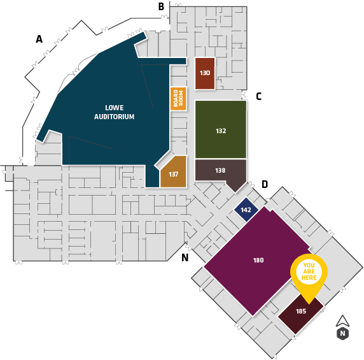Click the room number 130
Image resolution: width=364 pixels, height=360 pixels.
click(205, 73)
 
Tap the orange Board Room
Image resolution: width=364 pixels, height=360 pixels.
click(178, 99)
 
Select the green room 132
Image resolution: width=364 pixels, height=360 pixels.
click(221, 129)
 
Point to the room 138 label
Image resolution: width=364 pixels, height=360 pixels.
click(220, 171)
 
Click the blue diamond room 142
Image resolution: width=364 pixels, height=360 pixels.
click(246, 210)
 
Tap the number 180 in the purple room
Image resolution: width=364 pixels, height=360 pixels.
click(258, 260)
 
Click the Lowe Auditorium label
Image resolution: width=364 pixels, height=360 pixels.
click(114, 112)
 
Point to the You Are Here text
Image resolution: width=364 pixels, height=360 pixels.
click(309, 271)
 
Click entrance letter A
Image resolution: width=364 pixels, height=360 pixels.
click(39, 39)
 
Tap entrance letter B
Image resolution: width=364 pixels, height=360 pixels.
click(161, 6)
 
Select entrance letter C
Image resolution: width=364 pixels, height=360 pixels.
click(259, 96)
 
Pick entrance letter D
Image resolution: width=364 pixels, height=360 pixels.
click(265, 184)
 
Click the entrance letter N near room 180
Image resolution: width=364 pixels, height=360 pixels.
click(185, 257)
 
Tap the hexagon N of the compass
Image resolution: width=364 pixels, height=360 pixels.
click(342, 334)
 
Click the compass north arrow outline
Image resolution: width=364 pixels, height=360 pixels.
click(342, 322)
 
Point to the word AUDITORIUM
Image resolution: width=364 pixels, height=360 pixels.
click(114, 117)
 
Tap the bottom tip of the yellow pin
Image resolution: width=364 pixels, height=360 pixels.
click(309, 304)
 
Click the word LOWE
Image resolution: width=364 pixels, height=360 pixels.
click(115, 108)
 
